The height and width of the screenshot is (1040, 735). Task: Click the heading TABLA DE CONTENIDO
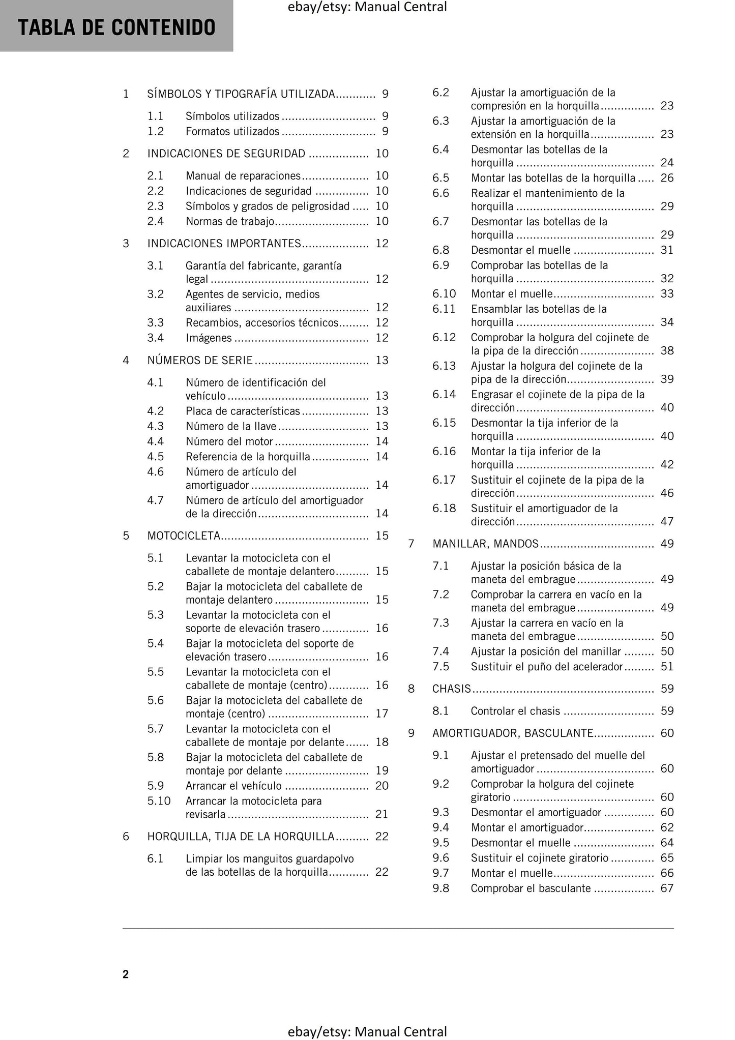tap(116, 27)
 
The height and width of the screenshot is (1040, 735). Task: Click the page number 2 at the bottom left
tap(126, 974)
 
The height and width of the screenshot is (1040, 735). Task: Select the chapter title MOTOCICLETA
tap(184, 536)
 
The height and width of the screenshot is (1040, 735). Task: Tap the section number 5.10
tap(159, 801)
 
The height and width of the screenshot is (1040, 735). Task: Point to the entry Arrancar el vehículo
tap(233, 786)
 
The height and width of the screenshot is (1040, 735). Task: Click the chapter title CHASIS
tap(452, 689)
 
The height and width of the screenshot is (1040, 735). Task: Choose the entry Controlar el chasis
tap(515, 711)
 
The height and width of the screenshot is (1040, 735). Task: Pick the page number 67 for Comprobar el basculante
tap(667, 888)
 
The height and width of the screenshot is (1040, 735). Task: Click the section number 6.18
tap(444, 508)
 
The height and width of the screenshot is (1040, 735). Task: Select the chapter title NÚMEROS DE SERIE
tap(200, 360)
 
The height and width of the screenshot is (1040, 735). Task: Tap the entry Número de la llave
tap(231, 426)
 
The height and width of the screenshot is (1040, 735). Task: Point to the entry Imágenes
tap(209, 338)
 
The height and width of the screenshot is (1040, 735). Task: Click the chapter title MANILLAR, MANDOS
tap(485, 544)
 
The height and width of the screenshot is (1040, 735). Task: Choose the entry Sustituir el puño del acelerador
tap(547, 666)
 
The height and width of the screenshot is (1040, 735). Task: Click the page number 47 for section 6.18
tap(667, 521)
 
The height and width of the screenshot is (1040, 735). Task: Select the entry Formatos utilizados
tap(232, 131)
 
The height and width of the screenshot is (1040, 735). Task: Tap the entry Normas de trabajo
tap(230, 221)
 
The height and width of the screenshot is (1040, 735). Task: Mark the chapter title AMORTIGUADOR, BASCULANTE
tap(513, 733)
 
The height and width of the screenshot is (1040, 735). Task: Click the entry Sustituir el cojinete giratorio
tap(540, 858)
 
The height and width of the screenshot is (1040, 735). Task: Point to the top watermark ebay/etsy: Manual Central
tap(367, 7)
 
